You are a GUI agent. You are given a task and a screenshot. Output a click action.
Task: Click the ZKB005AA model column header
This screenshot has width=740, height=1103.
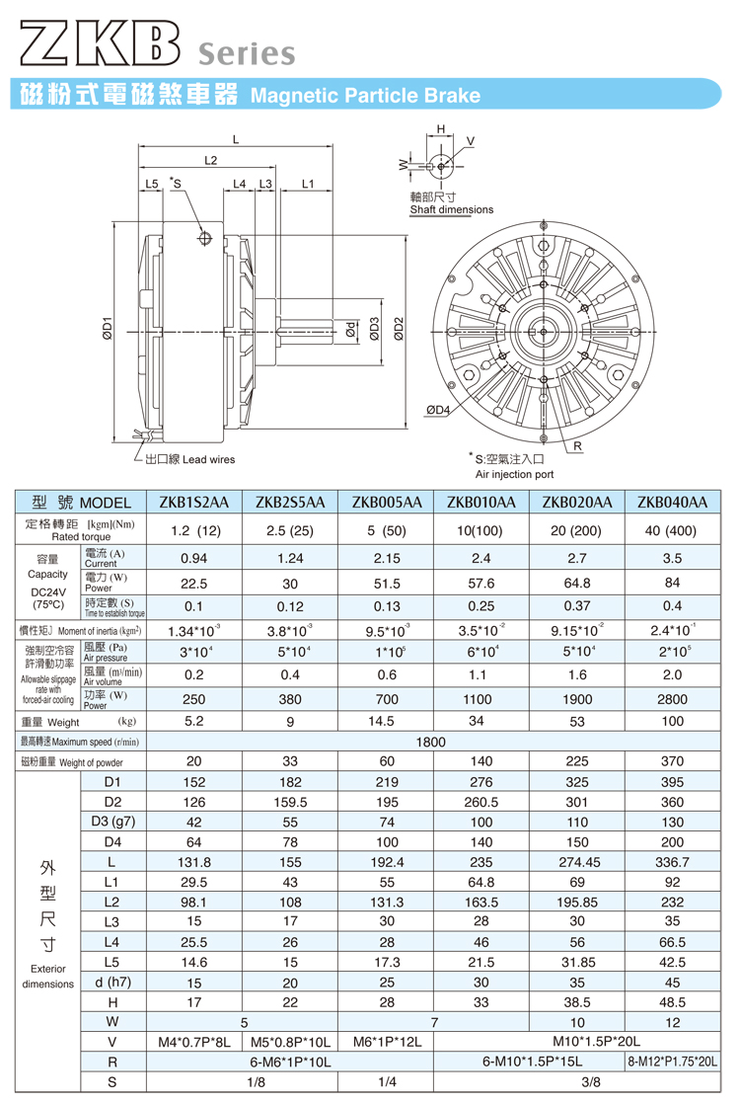tap(386, 503)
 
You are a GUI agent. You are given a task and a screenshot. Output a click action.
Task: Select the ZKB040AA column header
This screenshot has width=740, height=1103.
tap(672, 503)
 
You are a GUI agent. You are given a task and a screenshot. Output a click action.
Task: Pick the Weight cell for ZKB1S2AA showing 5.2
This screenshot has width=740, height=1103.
tap(193, 722)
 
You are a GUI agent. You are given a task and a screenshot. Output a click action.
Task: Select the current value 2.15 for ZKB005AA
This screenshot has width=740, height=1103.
tap(386, 557)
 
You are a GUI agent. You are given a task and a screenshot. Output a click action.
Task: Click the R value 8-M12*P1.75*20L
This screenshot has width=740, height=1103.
tap(672, 1063)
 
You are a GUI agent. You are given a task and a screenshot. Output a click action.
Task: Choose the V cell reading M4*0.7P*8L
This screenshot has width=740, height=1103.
tap(193, 1042)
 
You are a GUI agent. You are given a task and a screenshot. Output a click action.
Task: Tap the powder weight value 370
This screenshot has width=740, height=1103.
tap(672, 762)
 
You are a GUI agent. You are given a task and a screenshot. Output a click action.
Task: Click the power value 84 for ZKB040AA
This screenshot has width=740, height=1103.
tap(672, 583)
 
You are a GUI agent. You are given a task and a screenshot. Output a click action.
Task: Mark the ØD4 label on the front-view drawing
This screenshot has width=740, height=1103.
tap(437, 409)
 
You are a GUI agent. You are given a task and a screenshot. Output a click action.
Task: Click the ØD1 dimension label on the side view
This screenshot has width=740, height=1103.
tap(108, 329)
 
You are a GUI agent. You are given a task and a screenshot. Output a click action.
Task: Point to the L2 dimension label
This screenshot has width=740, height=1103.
tap(211, 160)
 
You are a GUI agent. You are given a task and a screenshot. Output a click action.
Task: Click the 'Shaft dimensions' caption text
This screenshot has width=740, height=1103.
tap(452, 209)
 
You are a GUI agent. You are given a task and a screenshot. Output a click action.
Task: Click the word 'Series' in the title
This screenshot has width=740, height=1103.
tap(247, 53)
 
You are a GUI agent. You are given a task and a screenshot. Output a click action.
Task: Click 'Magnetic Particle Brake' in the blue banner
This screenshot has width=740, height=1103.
tap(365, 96)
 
